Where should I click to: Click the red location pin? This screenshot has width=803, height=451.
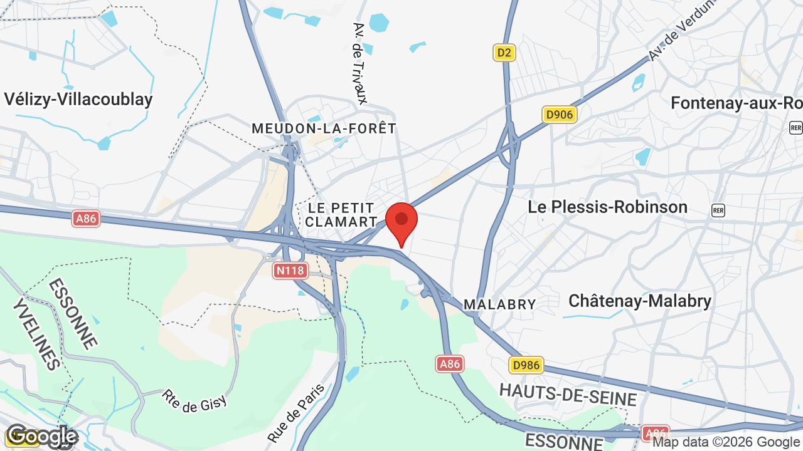(401, 222)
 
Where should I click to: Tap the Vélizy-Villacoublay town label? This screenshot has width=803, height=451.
(78, 100)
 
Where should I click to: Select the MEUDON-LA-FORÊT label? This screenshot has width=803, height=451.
(324, 128)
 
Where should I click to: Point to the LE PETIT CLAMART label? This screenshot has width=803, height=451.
(341, 215)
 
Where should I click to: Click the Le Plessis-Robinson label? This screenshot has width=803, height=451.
(607, 207)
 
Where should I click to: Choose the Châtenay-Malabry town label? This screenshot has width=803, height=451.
(639, 301)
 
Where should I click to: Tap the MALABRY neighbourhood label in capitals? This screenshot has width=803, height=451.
(499, 304)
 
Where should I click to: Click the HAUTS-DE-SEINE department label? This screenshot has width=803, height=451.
(568, 395)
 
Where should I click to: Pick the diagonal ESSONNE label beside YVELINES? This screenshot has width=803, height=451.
(73, 313)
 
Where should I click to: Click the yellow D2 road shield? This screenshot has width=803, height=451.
(504, 53)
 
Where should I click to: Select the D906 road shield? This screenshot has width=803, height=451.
(559, 115)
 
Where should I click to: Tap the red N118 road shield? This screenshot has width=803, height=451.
(290, 271)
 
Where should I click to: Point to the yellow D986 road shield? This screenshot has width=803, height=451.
(526, 365)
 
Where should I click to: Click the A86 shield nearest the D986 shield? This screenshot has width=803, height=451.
(450, 363)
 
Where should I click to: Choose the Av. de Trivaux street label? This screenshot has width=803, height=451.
(359, 63)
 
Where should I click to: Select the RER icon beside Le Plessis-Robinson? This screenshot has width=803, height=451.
(718, 210)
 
